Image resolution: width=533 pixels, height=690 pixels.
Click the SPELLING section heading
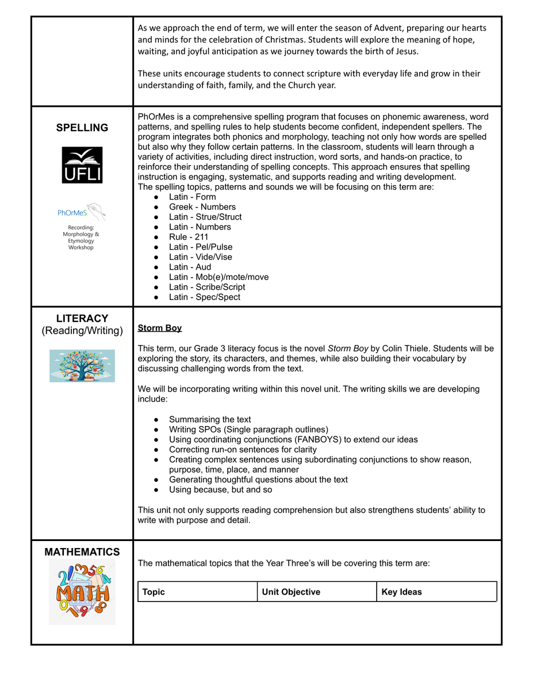click(82, 128)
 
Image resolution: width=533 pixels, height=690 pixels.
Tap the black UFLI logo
click(82, 165)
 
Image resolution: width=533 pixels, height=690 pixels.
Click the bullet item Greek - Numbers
click(202, 207)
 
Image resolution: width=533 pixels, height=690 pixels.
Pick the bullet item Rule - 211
click(189, 237)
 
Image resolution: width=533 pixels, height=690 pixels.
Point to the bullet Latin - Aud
click(190, 267)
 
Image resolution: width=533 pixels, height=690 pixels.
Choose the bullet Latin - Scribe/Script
click(207, 287)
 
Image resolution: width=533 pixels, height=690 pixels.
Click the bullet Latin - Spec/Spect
click(205, 297)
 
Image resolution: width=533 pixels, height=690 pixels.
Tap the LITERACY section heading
click(82, 318)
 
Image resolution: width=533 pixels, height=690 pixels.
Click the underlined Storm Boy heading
click(160, 328)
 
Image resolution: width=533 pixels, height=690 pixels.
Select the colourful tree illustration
click(82, 366)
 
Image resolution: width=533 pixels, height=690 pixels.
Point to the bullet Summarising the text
click(210, 419)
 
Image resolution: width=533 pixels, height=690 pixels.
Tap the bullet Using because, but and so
click(220, 490)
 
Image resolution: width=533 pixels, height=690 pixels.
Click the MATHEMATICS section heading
click(82, 552)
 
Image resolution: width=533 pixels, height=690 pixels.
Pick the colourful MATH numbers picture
click(82, 592)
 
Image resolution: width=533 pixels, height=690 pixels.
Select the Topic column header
click(154, 592)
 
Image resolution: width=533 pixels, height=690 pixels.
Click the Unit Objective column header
click(291, 592)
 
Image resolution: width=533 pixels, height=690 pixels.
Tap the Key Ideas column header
click(401, 592)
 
